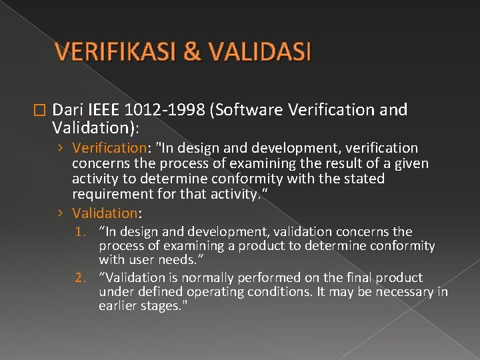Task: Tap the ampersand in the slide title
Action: (x=191, y=51)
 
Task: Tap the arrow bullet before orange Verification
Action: (x=61, y=147)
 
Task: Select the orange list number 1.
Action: (x=82, y=232)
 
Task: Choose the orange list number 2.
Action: (x=82, y=277)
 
